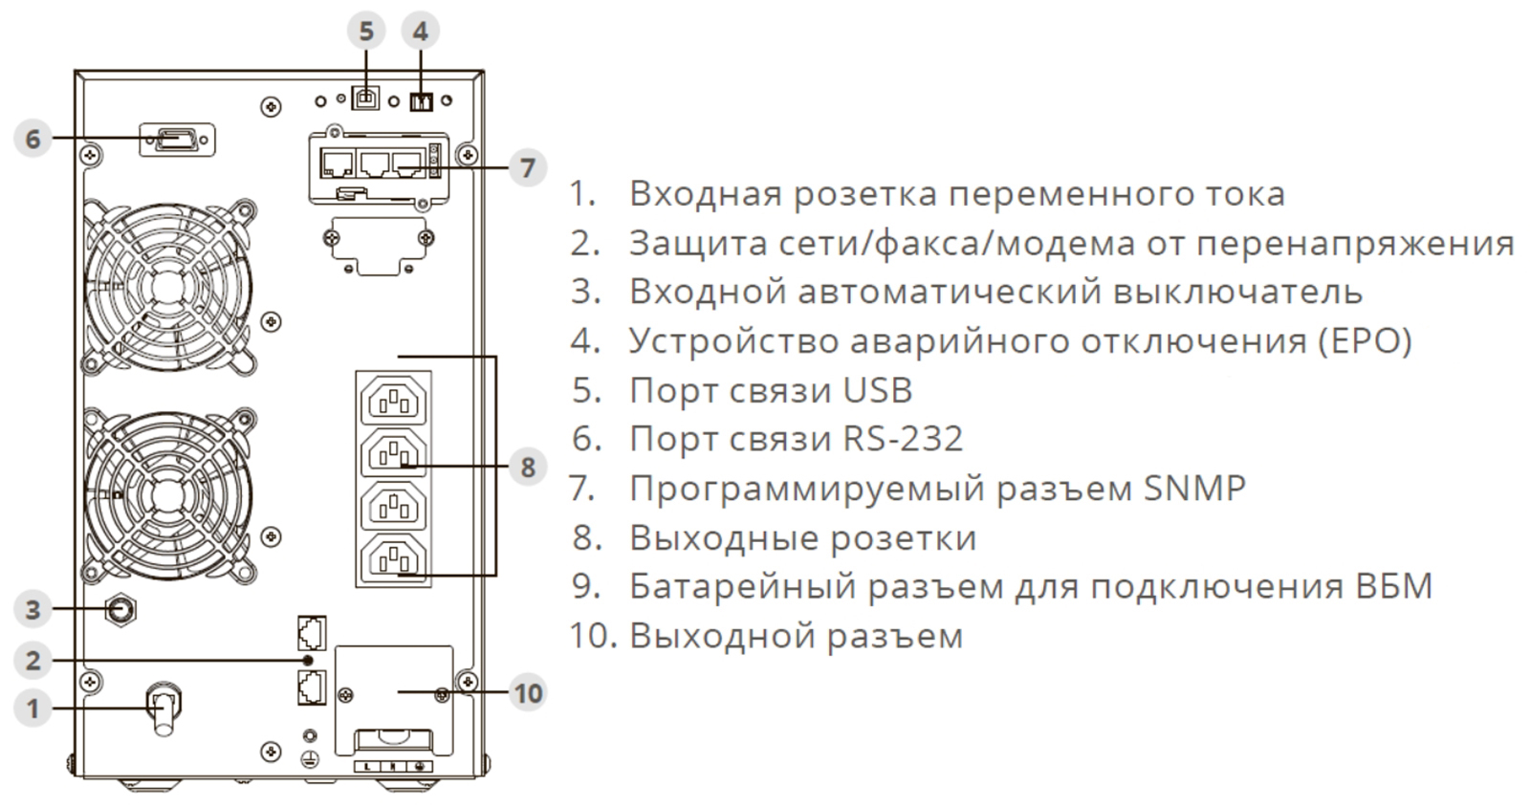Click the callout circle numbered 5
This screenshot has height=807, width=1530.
click(x=366, y=32)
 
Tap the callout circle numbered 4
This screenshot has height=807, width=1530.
click(x=420, y=32)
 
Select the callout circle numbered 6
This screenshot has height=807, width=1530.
click(x=33, y=139)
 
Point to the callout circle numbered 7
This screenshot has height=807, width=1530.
click(x=527, y=168)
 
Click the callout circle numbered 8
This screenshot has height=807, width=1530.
click(x=527, y=467)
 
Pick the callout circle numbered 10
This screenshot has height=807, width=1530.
click(x=528, y=692)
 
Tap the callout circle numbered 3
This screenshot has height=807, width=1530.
click(x=33, y=609)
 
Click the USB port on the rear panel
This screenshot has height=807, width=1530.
click(x=365, y=98)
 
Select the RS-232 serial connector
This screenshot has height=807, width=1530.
click(x=177, y=140)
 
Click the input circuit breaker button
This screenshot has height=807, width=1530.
click(x=121, y=609)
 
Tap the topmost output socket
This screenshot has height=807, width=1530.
click(x=393, y=400)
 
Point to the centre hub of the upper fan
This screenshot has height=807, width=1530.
click(x=168, y=284)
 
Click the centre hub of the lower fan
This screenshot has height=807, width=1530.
click(x=168, y=494)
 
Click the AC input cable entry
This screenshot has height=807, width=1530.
click(x=163, y=709)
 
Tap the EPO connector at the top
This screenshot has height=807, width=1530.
click(x=421, y=100)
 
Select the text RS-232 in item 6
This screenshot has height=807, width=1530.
click(x=903, y=439)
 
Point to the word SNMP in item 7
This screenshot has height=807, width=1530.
click(x=1194, y=489)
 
